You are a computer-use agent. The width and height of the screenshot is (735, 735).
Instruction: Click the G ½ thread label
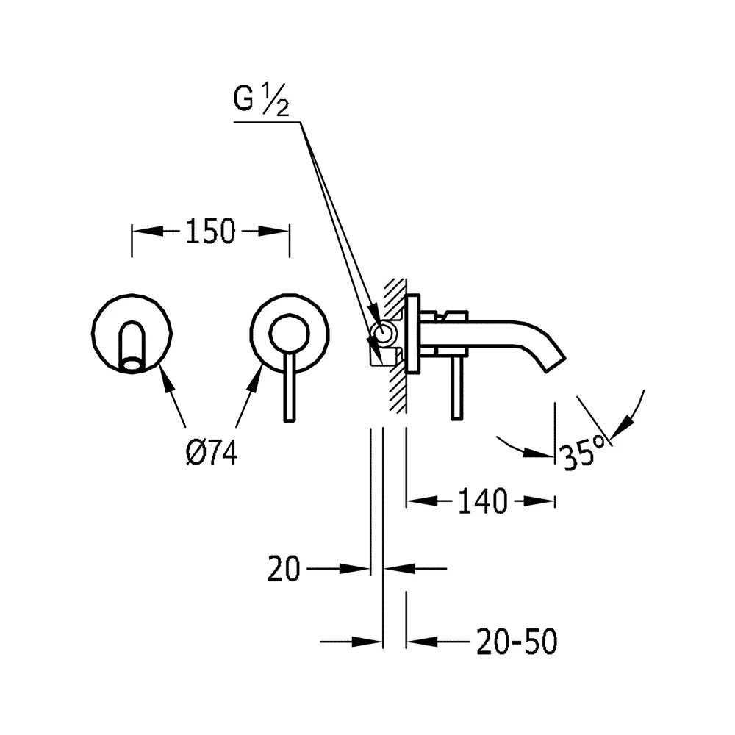click(x=261, y=100)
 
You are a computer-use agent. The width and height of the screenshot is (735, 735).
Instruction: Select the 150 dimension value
click(x=210, y=231)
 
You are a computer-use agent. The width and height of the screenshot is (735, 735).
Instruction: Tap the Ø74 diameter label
click(x=212, y=453)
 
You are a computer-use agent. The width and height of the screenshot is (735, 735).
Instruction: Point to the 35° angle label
click(x=584, y=451)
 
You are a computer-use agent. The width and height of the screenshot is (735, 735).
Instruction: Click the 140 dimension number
click(x=482, y=501)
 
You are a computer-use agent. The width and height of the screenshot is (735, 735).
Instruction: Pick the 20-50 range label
click(x=517, y=642)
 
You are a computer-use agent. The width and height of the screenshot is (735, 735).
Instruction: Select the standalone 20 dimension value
click(x=284, y=569)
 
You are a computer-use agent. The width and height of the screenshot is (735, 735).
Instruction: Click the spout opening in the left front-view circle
click(x=132, y=364)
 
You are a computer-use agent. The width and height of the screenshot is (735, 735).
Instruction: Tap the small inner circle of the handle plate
click(x=289, y=333)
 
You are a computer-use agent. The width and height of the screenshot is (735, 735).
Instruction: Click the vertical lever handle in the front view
click(x=290, y=387)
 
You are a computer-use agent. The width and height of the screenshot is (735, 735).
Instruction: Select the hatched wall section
click(x=397, y=346)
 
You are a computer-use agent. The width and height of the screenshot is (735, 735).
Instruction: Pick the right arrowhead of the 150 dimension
click(x=273, y=231)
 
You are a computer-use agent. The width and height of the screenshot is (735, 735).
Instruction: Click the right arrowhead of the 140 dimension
click(x=539, y=501)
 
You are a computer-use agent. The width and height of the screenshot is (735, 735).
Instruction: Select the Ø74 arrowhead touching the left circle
click(x=165, y=379)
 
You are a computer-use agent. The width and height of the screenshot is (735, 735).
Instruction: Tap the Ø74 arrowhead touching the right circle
click(x=256, y=379)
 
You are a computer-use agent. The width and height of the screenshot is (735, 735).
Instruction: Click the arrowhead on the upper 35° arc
click(x=622, y=428)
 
